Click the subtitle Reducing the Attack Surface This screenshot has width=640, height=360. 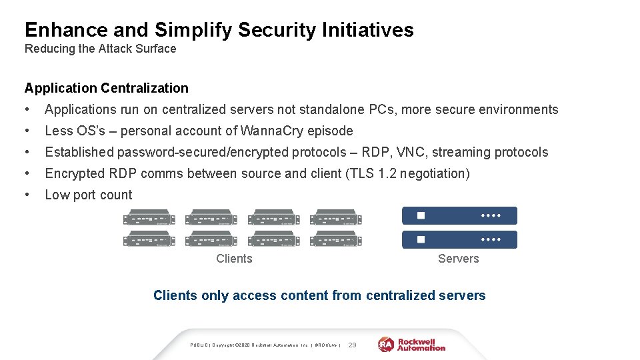click(x=100, y=49)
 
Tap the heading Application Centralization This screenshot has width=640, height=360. click(x=107, y=88)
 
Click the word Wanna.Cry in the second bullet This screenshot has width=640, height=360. click(x=272, y=131)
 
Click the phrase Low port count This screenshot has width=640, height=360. click(x=89, y=195)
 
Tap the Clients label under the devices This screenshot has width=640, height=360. click(x=234, y=259)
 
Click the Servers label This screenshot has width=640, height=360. click(x=458, y=259)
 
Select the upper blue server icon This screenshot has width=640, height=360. click(x=459, y=216)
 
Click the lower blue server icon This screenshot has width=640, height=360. click(x=459, y=239)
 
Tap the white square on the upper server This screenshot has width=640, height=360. click(x=421, y=216)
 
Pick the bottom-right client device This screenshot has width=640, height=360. click(x=335, y=239)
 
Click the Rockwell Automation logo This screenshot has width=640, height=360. click(x=412, y=344)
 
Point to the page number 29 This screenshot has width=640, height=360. click(x=353, y=345)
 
